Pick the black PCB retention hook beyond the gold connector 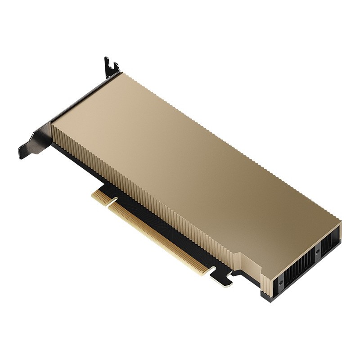click(x=223, y=278)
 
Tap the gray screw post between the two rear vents click(x=317, y=252)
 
